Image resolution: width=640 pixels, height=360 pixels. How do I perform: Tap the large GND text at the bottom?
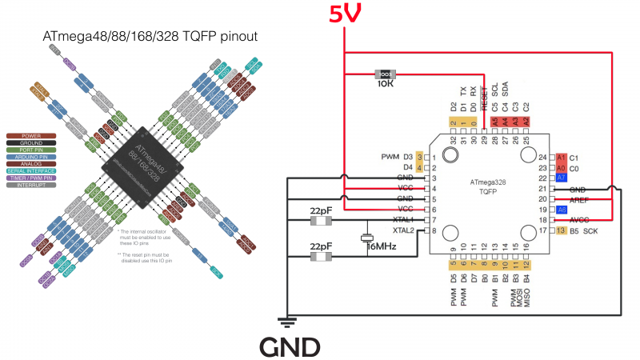290,346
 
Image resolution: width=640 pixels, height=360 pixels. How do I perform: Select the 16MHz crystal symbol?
366,238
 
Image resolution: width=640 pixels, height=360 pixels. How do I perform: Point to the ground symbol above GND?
285,322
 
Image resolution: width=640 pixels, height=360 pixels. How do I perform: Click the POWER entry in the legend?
31,136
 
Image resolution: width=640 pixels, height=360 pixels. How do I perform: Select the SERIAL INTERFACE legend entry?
31,170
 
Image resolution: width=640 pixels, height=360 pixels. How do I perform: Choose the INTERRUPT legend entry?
31,185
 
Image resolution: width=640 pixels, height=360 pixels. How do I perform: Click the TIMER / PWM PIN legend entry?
31,178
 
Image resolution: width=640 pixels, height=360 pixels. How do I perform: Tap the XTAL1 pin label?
403,219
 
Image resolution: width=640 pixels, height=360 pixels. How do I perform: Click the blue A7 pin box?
562,178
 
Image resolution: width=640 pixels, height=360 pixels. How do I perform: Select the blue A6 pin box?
562,210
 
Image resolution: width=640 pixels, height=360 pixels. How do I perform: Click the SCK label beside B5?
590,230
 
